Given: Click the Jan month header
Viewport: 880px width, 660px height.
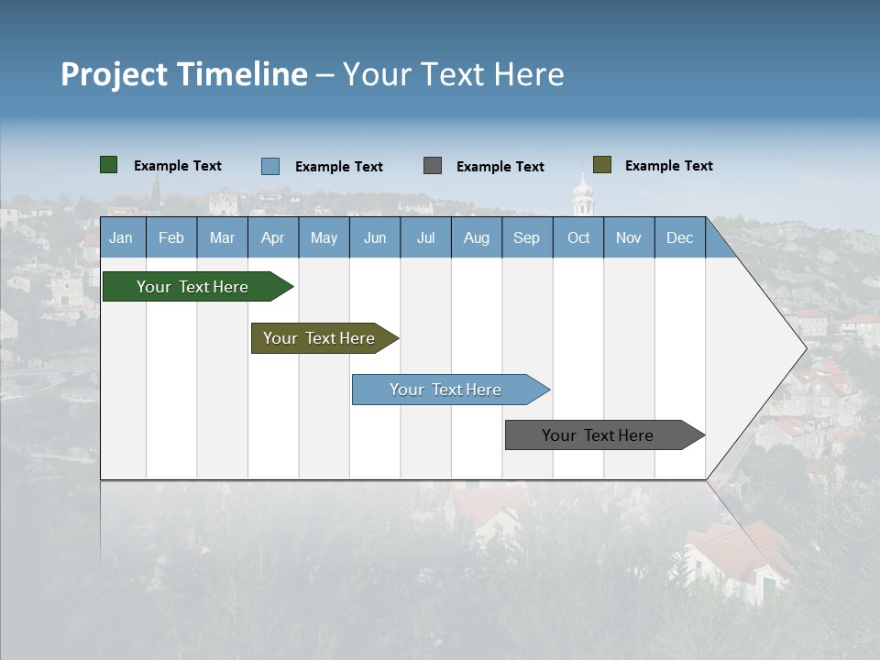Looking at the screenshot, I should [122, 237].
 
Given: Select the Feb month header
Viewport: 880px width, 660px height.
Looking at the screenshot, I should [171, 237].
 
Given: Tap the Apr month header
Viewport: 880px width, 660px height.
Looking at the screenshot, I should [273, 237].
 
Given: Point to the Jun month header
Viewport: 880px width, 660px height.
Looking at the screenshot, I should [375, 237].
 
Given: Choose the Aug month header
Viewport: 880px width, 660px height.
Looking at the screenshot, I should [477, 237].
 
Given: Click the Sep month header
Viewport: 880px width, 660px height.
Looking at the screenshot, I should [527, 237].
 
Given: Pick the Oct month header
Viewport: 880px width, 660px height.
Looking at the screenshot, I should [578, 237].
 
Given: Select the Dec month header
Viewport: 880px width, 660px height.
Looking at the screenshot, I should [680, 237].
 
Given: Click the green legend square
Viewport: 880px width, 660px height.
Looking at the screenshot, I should [109, 165].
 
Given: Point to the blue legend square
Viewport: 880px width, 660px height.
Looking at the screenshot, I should [270, 166].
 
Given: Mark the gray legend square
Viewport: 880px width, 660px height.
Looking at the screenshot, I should [433, 165].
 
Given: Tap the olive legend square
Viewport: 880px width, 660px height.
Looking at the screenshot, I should [602, 165].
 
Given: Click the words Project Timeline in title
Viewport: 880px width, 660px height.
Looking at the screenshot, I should [184, 74].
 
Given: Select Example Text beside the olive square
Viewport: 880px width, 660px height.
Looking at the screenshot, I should [669, 166].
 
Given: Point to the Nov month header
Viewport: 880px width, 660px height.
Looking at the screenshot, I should [629, 237].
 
